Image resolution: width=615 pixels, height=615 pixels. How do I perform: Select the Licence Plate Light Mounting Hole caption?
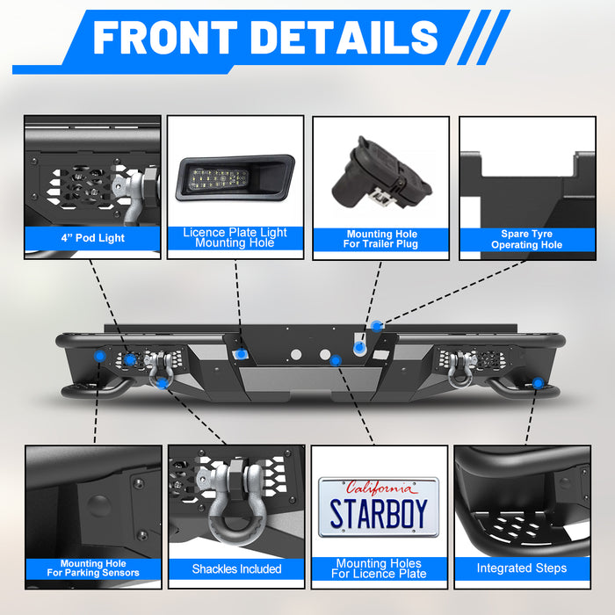coord(235,238)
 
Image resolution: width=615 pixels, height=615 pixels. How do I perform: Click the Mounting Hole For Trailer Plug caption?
coord(381,240)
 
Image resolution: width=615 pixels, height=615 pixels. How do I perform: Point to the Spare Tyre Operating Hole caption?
coord(526,240)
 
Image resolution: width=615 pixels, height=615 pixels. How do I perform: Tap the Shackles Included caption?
coord(236,569)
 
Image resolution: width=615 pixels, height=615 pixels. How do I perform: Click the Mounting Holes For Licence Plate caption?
coord(380,568)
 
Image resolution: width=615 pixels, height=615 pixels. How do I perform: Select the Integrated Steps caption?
coord(522,568)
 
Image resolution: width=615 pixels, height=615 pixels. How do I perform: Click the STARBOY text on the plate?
coord(379,514)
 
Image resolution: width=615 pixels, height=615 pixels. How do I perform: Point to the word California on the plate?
coord(379,488)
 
